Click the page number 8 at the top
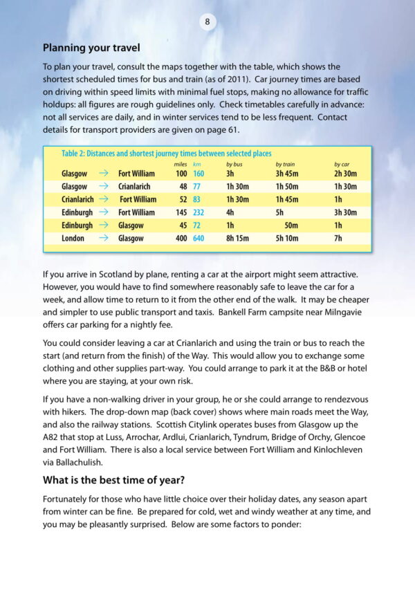click(x=207, y=22)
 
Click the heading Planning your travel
click(x=91, y=48)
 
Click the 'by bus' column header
click(x=234, y=164)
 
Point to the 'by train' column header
click(x=285, y=164)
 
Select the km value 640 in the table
click(x=199, y=239)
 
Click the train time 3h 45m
click(x=288, y=174)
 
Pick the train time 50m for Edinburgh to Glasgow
click(x=291, y=225)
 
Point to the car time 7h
click(x=338, y=239)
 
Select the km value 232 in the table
click(x=199, y=212)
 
